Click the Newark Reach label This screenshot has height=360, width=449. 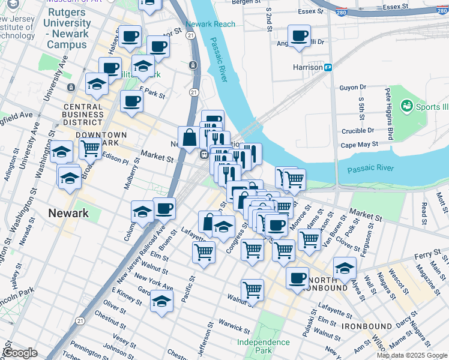point(210,25)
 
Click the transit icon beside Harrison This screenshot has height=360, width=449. point(328,67)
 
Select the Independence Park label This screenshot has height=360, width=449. point(263,346)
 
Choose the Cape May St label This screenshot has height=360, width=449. point(359,145)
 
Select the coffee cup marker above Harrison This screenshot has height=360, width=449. point(299,36)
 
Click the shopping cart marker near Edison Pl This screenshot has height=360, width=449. point(90,148)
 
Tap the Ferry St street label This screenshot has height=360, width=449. point(427,256)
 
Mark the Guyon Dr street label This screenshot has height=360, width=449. point(352,88)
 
